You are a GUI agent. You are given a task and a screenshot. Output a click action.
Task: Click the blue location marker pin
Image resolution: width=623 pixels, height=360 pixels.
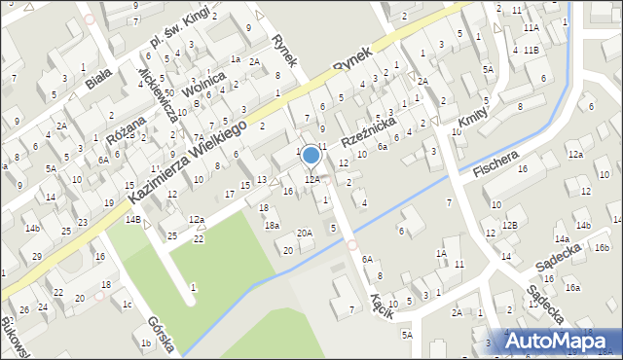click(x=311, y=156)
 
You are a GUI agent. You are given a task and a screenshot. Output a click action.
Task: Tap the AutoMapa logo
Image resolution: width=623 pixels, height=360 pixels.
click(x=561, y=342)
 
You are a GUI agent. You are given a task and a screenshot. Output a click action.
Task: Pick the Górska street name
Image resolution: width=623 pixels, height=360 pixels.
click(x=162, y=334)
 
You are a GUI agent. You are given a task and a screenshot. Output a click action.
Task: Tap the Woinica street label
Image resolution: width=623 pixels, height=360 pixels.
click(x=208, y=84)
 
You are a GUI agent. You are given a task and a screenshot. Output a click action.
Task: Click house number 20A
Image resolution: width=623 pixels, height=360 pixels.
click(x=305, y=233)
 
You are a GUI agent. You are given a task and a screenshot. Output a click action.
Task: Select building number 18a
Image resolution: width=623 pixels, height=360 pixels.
click(x=273, y=226)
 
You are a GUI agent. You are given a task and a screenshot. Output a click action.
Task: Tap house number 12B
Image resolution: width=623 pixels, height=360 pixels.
click(x=510, y=226)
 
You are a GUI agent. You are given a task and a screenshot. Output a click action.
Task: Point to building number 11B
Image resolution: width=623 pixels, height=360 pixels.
click(x=531, y=50)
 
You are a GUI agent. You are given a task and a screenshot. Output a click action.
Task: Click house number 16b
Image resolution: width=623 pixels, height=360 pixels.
click(x=602, y=247)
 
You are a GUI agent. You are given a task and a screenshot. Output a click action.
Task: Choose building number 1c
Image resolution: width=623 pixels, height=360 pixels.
click(x=128, y=304)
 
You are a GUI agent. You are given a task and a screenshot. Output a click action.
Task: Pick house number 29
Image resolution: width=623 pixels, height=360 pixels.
click(x=37, y=256)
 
